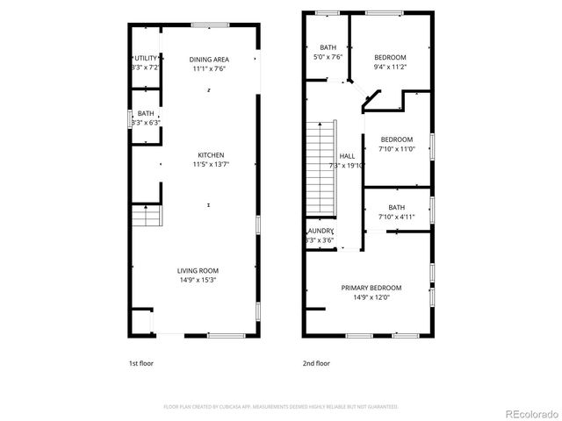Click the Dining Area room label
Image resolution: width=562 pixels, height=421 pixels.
(x=208, y=59)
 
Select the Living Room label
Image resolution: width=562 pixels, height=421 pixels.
(x=198, y=270)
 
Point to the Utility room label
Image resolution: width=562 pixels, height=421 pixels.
(x=145, y=58)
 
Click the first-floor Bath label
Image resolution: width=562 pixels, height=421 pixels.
(x=145, y=113)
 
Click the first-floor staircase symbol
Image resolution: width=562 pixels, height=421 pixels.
(x=147, y=216)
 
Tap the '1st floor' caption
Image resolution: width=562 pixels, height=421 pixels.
(x=140, y=363)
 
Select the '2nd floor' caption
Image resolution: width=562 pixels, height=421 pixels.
(x=316, y=363)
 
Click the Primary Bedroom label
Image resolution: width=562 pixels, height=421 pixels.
(x=371, y=288)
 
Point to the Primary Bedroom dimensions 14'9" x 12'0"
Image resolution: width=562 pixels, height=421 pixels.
(x=371, y=297)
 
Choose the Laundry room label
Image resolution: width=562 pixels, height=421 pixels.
(x=321, y=231)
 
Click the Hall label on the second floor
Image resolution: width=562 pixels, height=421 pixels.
(x=346, y=156)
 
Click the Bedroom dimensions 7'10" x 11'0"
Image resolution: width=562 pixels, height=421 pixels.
(x=397, y=150)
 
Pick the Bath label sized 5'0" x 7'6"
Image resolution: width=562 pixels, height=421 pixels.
(x=328, y=47)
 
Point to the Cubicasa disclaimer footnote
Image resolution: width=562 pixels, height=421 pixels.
(x=281, y=407)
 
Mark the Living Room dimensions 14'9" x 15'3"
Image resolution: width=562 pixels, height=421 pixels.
(x=198, y=280)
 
